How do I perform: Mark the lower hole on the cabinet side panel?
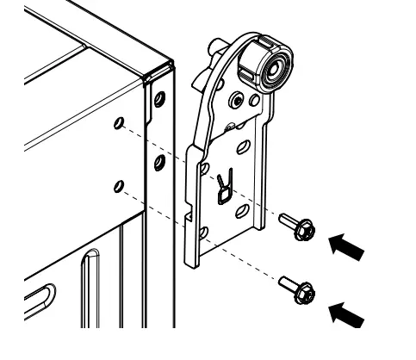click(118, 184)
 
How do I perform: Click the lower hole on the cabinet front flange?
click(158, 161)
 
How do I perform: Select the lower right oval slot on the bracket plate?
click(243, 209)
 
